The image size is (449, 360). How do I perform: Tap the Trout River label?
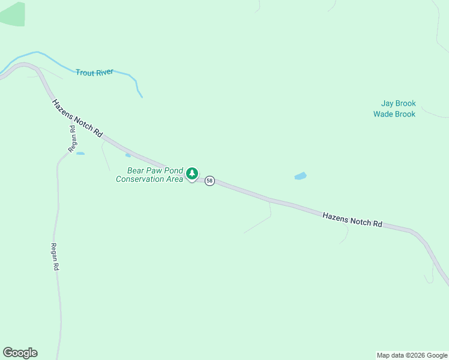tap(94, 72)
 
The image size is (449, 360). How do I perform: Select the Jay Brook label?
tap(398, 103)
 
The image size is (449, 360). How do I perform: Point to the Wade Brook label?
tap(394, 114)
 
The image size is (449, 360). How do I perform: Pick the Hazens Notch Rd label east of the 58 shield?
tap(352, 219)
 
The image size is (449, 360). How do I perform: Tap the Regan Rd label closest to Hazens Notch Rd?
tap(71, 138)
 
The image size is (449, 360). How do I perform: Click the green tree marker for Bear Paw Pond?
tap(192, 174)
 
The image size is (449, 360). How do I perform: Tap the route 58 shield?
tap(209, 181)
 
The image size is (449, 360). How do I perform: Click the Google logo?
tap(20, 353)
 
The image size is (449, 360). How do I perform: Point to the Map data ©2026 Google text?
tap(412, 355)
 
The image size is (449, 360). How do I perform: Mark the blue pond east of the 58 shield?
tap(300, 176)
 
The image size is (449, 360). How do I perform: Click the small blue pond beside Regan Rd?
tap(80, 154)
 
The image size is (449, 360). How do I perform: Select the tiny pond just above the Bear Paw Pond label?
tap(128, 155)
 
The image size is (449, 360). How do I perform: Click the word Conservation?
tap(140, 179)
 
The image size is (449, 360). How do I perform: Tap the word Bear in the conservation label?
tap(136, 170)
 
